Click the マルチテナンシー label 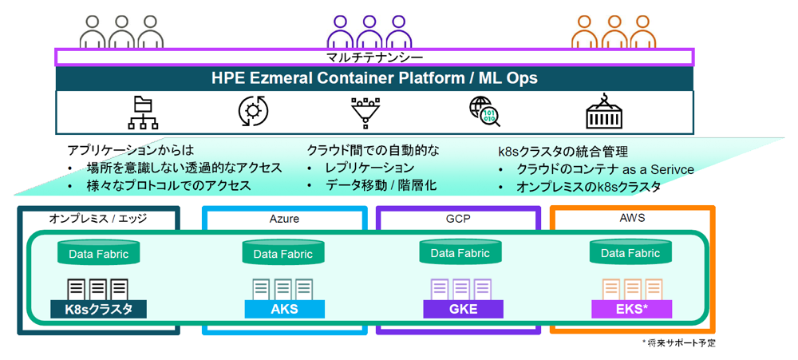point(374,57)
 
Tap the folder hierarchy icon point(142,113)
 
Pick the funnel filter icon point(366,111)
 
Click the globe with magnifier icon point(484,112)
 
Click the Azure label point(284,220)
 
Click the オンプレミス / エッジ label point(97,219)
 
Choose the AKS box point(284,309)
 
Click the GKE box point(463,309)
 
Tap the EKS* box point(631,309)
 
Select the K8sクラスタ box point(99,309)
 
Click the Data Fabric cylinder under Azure point(283,252)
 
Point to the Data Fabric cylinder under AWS point(630,251)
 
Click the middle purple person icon point(369,33)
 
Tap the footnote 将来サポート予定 point(679,344)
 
